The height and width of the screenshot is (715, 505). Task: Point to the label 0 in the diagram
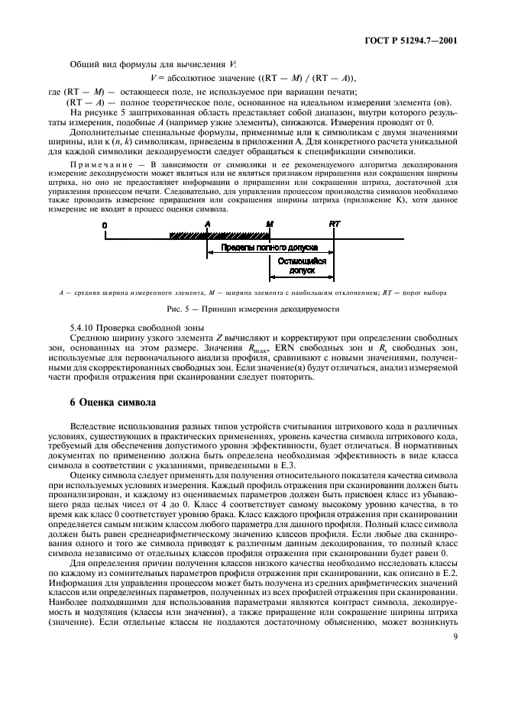pos(105,224)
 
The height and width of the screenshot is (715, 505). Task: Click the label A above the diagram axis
pos(207,224)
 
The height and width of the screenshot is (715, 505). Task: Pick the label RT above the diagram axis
pos(333,224)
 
